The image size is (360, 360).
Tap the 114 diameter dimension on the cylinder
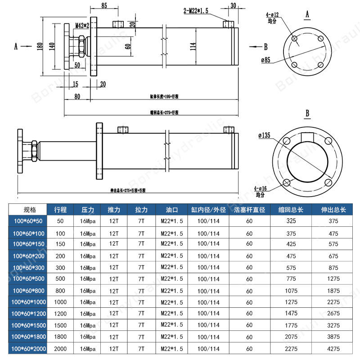coord(193,46)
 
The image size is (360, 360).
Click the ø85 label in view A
coord(265,60)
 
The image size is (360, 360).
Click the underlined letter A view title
coord(307,14)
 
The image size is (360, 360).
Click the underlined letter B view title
coord(307,113)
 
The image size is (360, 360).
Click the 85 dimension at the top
coord(104,6)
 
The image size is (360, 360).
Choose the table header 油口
coord(172,210)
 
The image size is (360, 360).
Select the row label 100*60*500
coord(29,279)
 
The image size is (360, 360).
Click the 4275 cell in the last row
coord(333,348)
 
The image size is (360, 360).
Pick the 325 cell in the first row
coord(291,221)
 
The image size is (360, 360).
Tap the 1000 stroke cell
coord(60,302)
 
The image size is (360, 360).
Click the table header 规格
coord(29,210)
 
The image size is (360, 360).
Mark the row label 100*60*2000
coord(29,348)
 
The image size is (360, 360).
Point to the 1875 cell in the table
coord(333,290)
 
